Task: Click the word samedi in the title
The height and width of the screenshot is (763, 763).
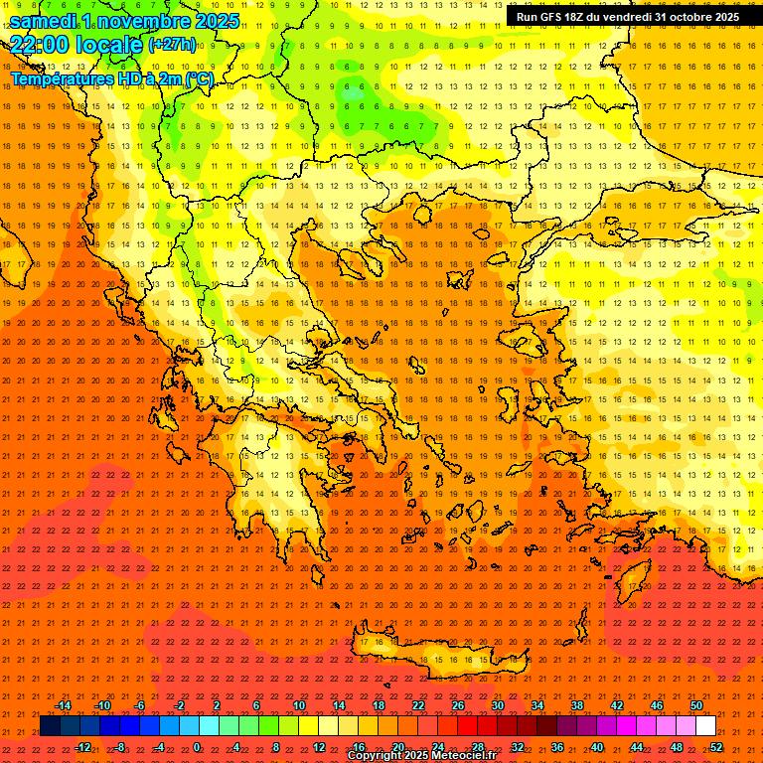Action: (49, 21)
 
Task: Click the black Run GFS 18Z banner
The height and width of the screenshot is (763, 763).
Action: (628, 17)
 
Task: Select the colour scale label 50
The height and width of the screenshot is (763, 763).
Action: (696, 705)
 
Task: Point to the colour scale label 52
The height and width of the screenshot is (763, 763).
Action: (716, 747)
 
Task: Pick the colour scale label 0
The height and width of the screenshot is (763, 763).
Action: (197, 747)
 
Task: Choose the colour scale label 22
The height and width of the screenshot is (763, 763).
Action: (418, 705)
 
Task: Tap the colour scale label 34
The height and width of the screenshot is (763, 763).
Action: (537, 705)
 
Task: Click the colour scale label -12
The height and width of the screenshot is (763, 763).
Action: (83, 747)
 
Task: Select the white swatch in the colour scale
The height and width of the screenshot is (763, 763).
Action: (705, 726)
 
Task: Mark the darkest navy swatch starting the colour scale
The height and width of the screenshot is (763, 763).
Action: (50, 726)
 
